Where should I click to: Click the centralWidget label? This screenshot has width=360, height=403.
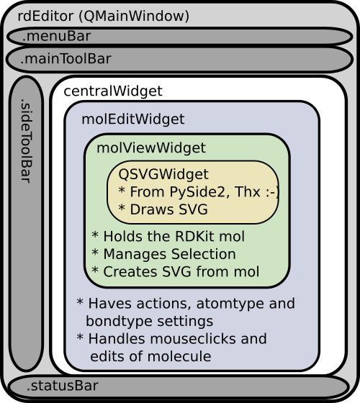112,91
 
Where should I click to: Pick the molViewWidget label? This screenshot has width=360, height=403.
150,148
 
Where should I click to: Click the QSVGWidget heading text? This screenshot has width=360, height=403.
163,174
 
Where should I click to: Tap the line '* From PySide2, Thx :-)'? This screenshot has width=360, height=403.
198,191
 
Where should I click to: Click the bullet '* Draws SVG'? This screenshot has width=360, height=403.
163,209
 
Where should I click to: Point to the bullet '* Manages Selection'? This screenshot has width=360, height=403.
163,254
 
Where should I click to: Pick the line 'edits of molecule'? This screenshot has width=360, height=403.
151,356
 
